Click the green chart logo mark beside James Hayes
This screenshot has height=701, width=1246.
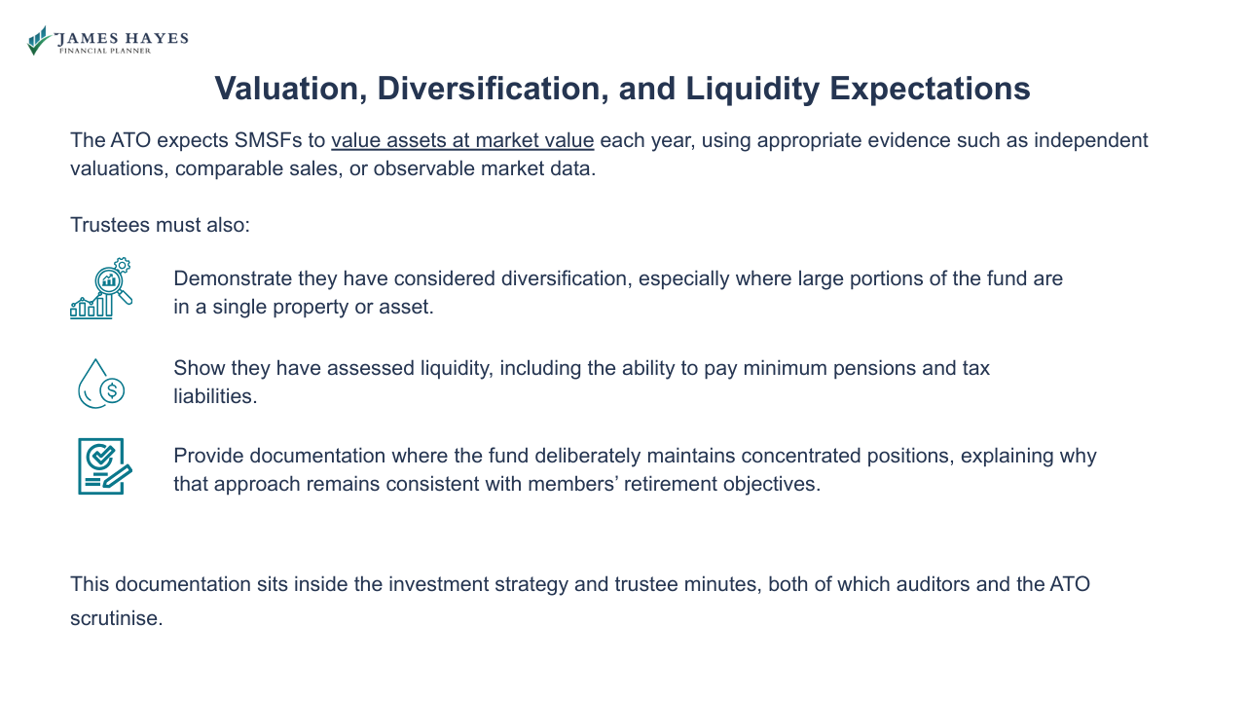point(39,41)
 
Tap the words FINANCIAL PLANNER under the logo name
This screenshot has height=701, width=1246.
point(106,51)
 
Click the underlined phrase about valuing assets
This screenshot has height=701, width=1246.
point(462,140)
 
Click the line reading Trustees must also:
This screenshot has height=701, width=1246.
point(161,225)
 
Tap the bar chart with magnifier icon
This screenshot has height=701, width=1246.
point(100,289)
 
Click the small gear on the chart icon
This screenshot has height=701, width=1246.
point(122,265)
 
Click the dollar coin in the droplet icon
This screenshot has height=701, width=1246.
point(112,391)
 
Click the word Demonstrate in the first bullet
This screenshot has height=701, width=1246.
point(233,278)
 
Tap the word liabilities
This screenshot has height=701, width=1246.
point(215,396)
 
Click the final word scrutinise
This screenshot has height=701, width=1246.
point(116,618)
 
